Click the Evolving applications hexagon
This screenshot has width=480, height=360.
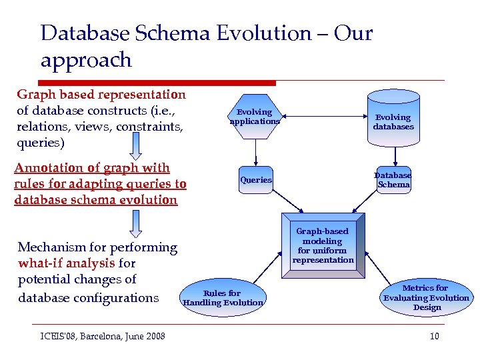[x=255, y=117]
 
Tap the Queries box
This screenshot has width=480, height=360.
[x=256, y=179]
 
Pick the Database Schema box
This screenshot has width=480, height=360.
[x=393, y=179]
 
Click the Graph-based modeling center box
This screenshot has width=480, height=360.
[x=323, y=245]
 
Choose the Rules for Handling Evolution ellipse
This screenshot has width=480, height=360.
[x=223, y=298]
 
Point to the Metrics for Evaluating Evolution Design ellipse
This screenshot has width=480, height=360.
[x=426, y=297]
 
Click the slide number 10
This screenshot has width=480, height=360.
[x=434, y=336]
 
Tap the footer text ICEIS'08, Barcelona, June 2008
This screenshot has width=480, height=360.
[x=98, y=336]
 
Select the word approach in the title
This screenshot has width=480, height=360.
[x=86, y=60]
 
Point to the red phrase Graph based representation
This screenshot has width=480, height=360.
[x=101, y=95]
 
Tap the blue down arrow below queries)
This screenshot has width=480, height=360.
[x=136, y=144]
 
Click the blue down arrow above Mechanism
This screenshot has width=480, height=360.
[x=136, y=223]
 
